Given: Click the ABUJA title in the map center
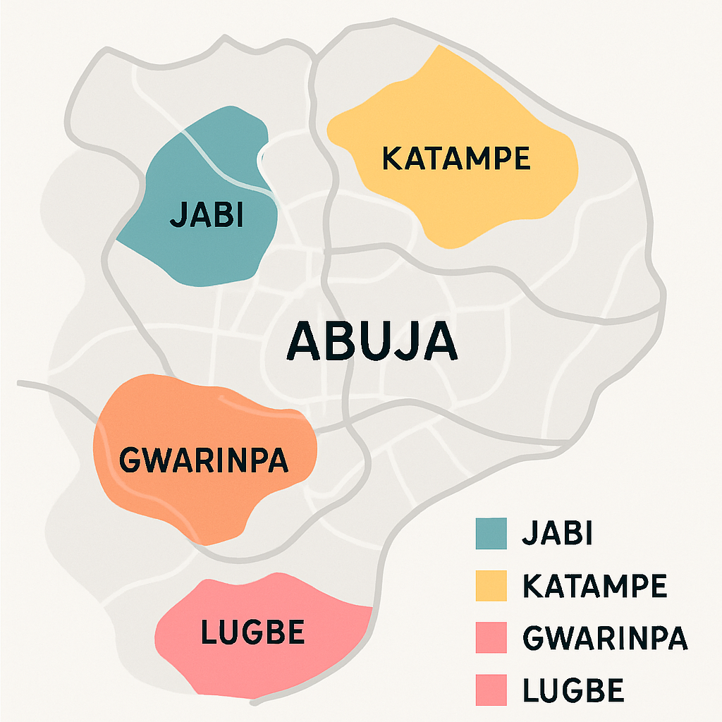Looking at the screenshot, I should coord(372,342).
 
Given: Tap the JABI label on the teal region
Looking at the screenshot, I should coord(207,216).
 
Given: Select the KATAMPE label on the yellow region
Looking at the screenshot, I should coord(455,159).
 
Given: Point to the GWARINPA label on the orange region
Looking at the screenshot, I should coord(204,460).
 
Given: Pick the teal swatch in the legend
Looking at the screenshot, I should coord(491,533).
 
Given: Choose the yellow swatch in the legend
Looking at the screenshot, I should coord(491,585).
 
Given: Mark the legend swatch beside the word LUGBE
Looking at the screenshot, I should coord(491,690).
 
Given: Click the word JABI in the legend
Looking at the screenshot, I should coord(556,533).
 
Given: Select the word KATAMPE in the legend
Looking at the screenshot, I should coord(594,585).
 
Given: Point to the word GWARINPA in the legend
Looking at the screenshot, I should coord(604,637).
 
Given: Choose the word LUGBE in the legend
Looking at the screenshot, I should coord(573,690).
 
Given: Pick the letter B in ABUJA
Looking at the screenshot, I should coord(338,342).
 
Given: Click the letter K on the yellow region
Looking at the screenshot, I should coord(391,159).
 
